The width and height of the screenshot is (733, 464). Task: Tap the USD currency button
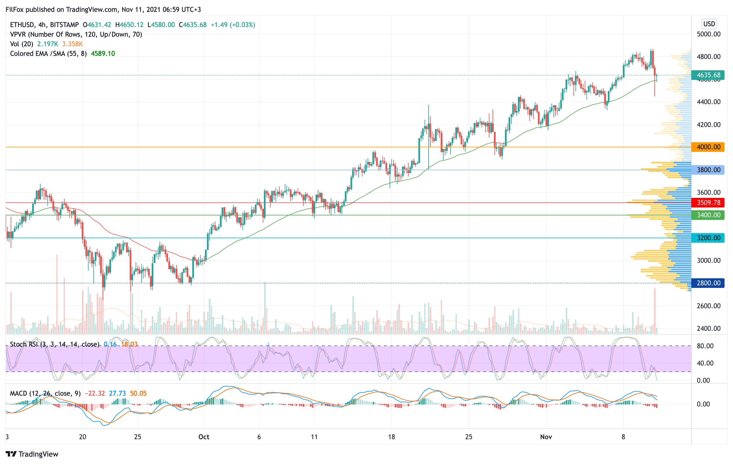(x=709, y=24)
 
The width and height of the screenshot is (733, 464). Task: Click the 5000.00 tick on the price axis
(x=708, y=34)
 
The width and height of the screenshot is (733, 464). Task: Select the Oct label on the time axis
(x=204, y=437)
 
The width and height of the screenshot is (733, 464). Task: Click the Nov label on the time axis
(x=546, y=437)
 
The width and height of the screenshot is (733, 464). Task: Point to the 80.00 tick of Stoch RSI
(x=705, y=346)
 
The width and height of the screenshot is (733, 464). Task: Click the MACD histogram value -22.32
(x=95, y=393)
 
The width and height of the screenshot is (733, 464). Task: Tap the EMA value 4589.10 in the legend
(x=103, y=54)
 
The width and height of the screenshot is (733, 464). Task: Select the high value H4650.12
(x=129, y=25)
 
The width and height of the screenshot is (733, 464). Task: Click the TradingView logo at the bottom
(x=32, y=454)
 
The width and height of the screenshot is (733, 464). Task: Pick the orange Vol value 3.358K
(x=72, y=44)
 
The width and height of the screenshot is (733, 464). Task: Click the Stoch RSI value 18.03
(x=129, y=344)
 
